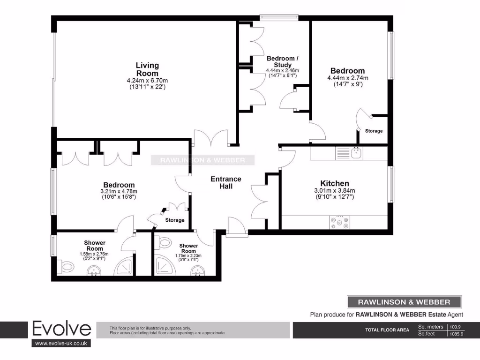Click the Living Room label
pyautogui.click(x=147, y=69)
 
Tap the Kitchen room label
pyautogui.click(x=334, y=183)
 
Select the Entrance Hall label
pyautogui.click(x=226, y=182)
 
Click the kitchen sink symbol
pyautogui.click(x=356, y=152)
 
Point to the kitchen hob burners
pyautogui.click(x=340, y=223)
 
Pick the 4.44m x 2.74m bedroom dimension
pyautogui.click(x=347, y=78)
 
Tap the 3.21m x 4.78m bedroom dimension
pyautogui.click(x=119, y=191)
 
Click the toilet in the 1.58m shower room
pyautogui.click(x=66, y=267)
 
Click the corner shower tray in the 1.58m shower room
pyautogui.click(x=125, y=267)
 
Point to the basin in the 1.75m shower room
pyautogui.click(x=198, y=270)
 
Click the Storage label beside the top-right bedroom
pyautogui.click(x=374, y=131)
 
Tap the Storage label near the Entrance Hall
pyautogui.click(x=174, y=220)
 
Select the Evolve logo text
pyautogui.click(x=61, y=329)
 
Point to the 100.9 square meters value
pyautogui.click(x=457, y=327)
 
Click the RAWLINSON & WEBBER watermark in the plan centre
pyautogui.click(x=202, y=160)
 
